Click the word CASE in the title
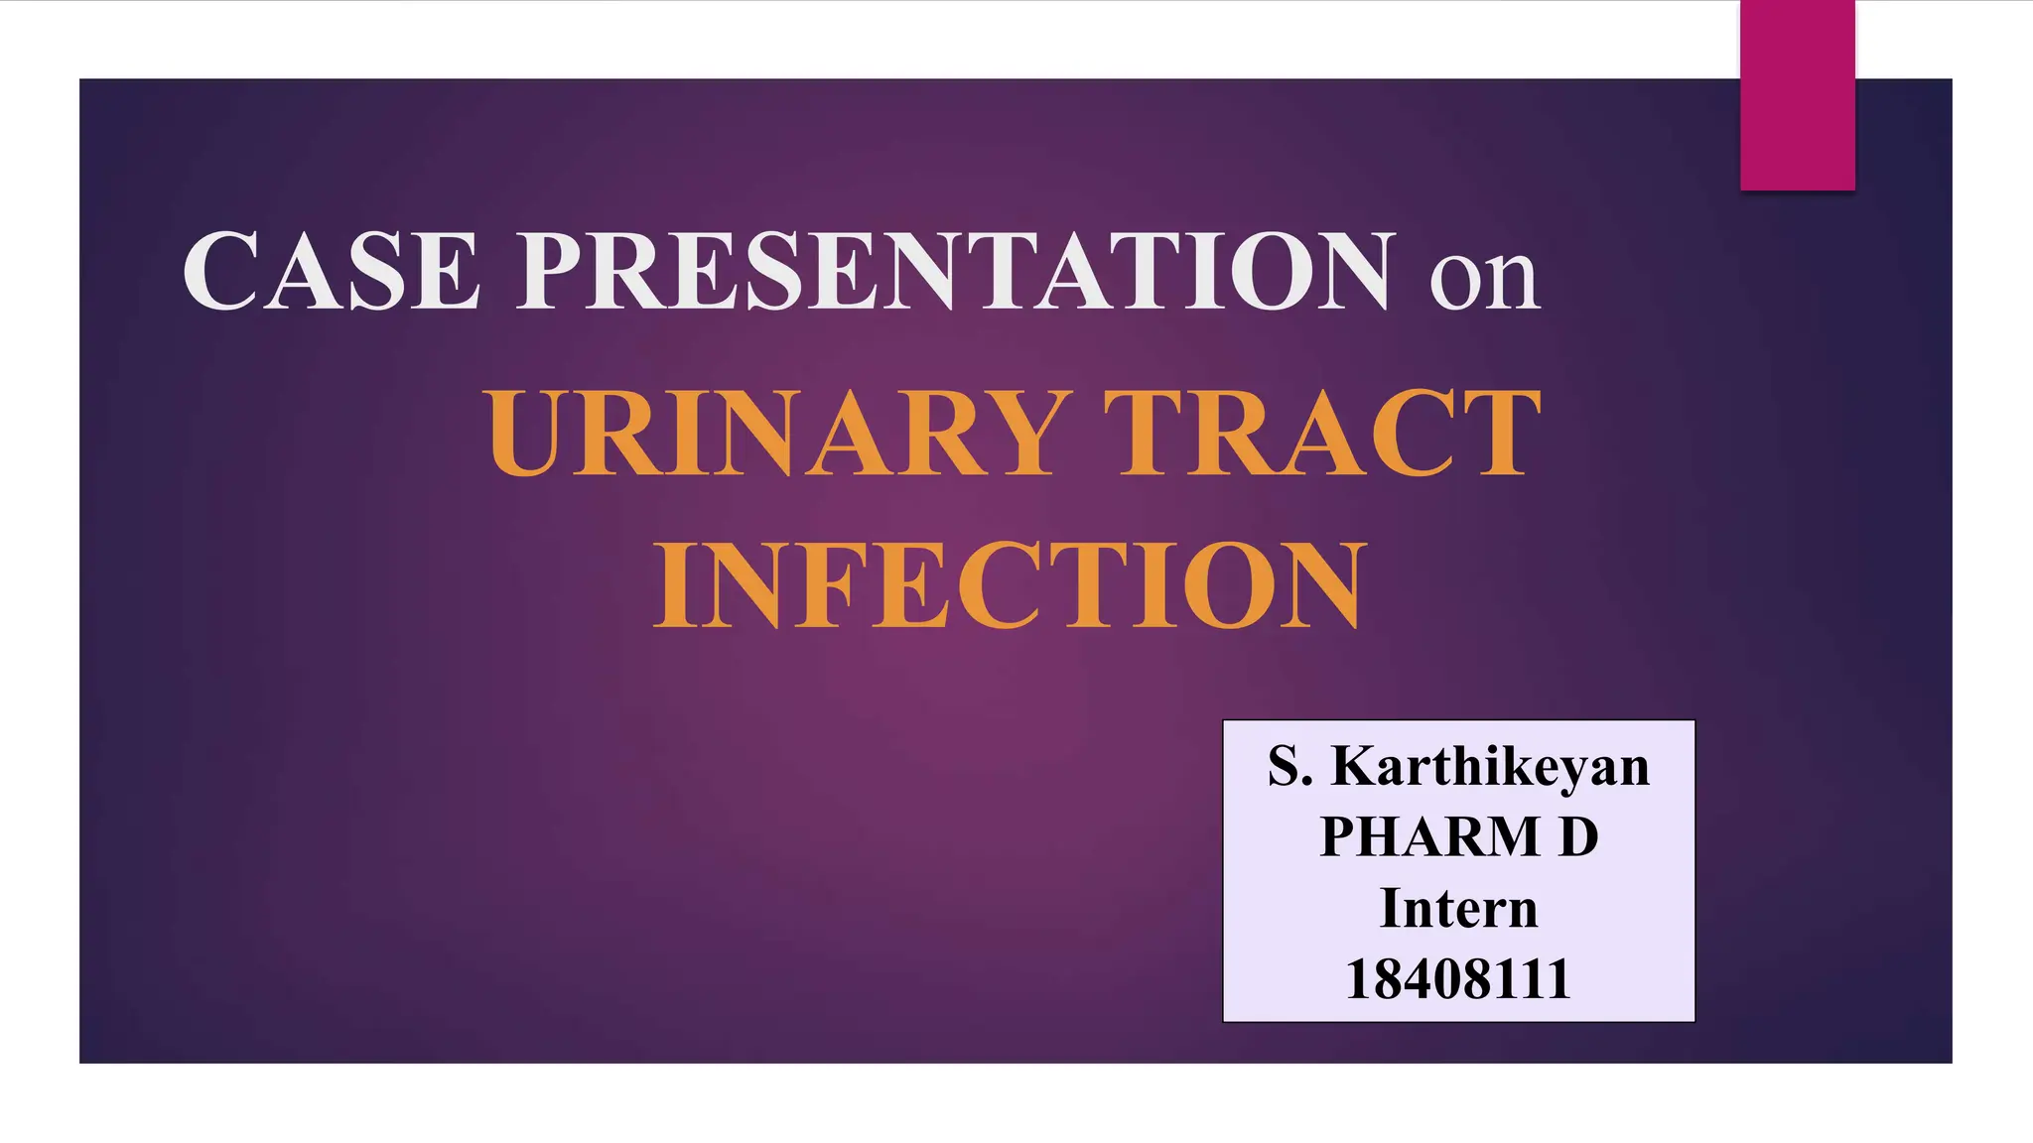point(332,271)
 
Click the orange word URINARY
point(779,434)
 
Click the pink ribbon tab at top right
point(1797,95)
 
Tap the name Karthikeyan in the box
point(1489,767)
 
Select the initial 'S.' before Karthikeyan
point(1289,767)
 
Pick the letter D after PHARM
point(1578,836)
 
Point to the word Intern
point(1458,908)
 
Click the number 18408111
point(1458,978)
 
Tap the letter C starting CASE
point(220,271)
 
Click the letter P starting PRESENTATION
point(557,271)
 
